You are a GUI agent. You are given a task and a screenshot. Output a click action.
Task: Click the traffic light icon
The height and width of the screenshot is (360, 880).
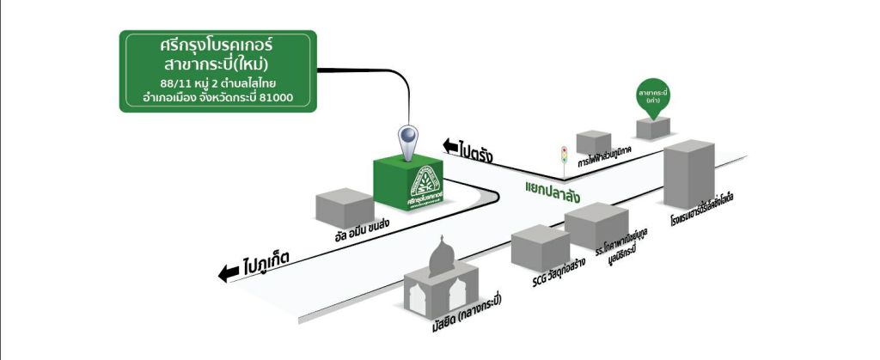tap(565, 155)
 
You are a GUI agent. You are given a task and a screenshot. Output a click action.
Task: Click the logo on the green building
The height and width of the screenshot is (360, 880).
tap(425, 182)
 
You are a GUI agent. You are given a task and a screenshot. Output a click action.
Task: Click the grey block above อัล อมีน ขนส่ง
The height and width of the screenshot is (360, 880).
tap(344, 207)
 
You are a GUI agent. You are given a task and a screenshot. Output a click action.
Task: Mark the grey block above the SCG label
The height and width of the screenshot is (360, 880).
tap(539, 246)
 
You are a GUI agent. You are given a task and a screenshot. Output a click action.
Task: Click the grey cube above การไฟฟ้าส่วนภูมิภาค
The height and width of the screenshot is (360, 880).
tap(593, 142)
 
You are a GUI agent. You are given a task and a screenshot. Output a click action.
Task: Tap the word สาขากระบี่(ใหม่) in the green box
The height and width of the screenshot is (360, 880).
tap(217, 64)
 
